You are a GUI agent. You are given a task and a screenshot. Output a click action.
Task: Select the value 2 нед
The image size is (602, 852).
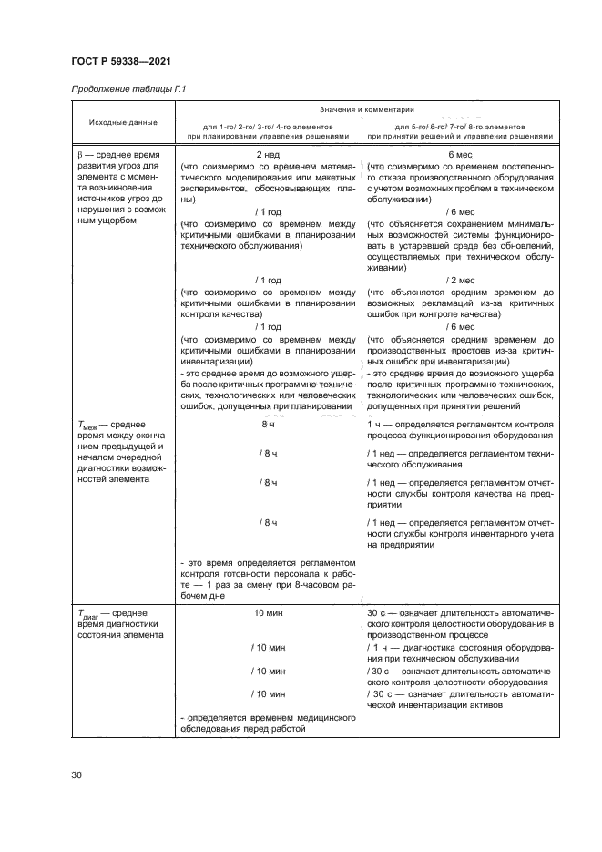tap(268, 155)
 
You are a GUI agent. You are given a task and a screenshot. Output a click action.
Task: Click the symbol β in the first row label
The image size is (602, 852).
tap(79, 155)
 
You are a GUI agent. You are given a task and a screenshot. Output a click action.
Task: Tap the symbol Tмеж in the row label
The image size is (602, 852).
tap(87, 426)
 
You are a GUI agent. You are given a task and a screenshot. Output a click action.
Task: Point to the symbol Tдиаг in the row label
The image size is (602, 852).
tap(89, 614)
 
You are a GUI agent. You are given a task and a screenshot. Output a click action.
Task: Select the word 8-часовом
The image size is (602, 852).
tap(311, 587)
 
